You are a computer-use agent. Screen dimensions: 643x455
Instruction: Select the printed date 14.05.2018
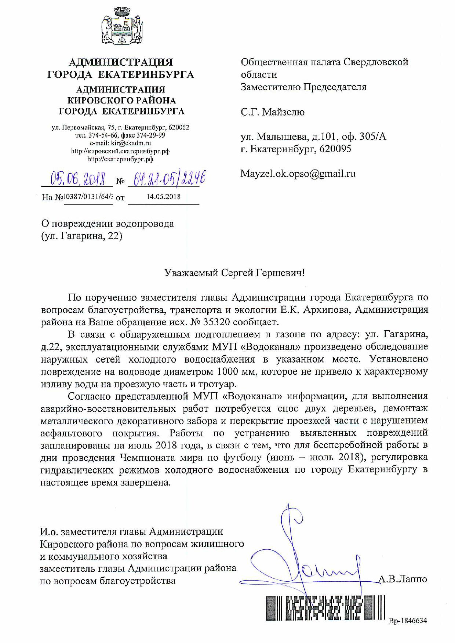point(163,197)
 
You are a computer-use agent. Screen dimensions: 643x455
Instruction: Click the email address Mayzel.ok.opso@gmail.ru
point(298,174)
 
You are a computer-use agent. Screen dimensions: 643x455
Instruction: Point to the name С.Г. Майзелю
point(272,112)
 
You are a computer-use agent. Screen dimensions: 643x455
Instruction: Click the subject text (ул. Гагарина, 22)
point(81,236)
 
